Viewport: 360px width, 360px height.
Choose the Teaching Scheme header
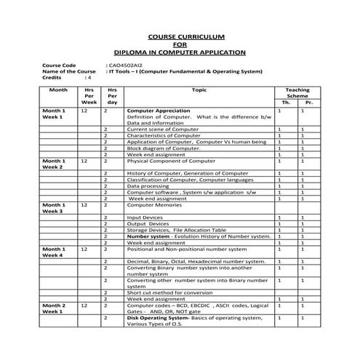point(297,93)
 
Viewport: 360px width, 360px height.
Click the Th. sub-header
point(286,103)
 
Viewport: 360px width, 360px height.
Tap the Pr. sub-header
point(309,103)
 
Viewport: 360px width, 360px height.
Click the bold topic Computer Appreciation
point(159,111)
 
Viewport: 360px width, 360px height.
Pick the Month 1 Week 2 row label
point(54,164)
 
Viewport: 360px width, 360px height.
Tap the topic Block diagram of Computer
point(164,148)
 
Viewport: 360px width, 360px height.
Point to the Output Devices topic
point(148,224)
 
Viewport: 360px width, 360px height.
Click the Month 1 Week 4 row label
point(54,252)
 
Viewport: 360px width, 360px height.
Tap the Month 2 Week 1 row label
point(54,308)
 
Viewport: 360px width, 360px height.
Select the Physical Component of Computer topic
point(171,161)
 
